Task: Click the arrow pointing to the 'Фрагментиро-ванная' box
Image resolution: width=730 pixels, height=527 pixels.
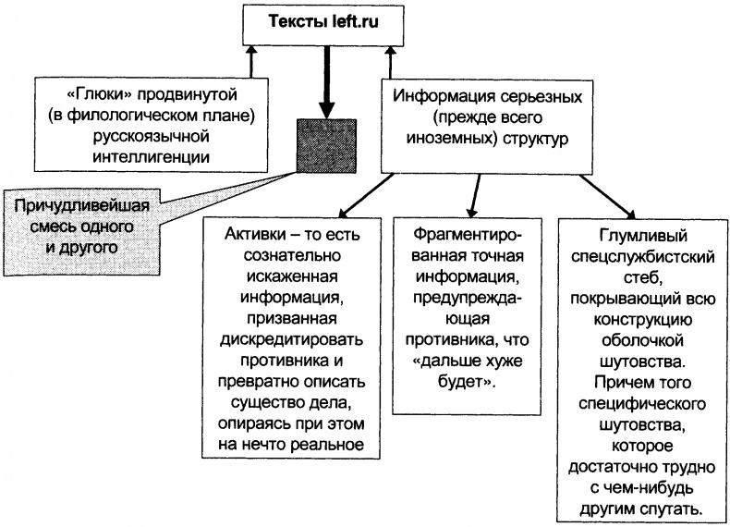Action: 475,194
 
